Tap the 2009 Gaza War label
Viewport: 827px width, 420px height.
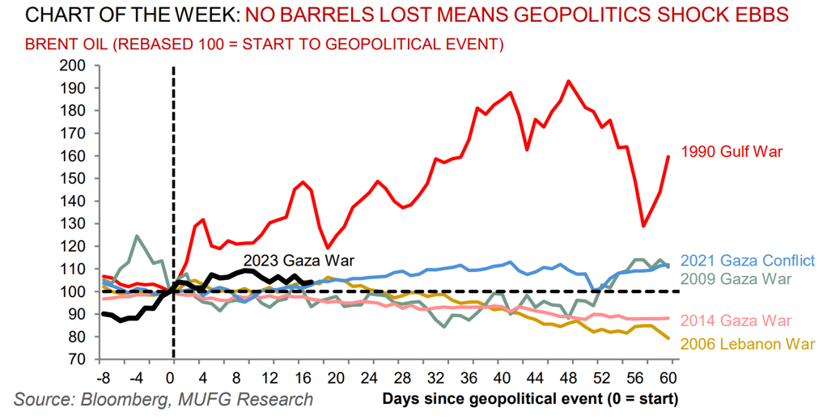coord(736,279)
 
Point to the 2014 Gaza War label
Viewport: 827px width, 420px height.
coord(736,321)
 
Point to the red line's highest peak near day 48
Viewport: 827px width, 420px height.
coord(569,81)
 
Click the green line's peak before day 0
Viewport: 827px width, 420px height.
coord(137,236)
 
